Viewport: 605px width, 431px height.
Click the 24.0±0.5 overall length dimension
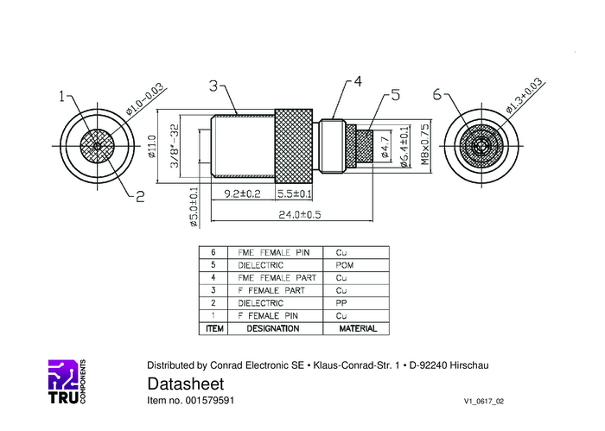pos(300,214)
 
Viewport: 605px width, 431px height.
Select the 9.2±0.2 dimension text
pos(242,193)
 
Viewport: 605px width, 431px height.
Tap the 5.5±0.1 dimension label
pos(295,193)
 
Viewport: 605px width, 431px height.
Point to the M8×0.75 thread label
pos(424,144)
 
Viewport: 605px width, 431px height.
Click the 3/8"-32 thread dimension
pos(175,146)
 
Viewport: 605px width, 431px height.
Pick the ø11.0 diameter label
pos(152,147)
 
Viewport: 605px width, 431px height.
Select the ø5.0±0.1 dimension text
pos(194,207)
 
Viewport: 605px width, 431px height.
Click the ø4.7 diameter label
pos(385,148)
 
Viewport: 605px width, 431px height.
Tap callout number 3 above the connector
pos(213,86)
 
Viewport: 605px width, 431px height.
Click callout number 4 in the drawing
pos(358,82)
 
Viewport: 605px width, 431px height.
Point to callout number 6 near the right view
pos(436,94)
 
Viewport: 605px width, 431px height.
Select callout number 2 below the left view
pos(140,196)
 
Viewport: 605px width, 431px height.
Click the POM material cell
pos(345,265)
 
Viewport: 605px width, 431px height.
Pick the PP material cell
pos(341,303)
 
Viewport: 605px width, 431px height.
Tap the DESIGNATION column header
pos(273,328)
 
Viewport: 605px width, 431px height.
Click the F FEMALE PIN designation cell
pos(268,316)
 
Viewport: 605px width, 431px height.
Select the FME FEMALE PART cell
pos(277,278)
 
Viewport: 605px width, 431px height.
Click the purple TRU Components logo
pos(67,382)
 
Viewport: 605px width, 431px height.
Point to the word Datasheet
pos(186,384)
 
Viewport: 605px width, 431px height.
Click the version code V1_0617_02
pos(484,402)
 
